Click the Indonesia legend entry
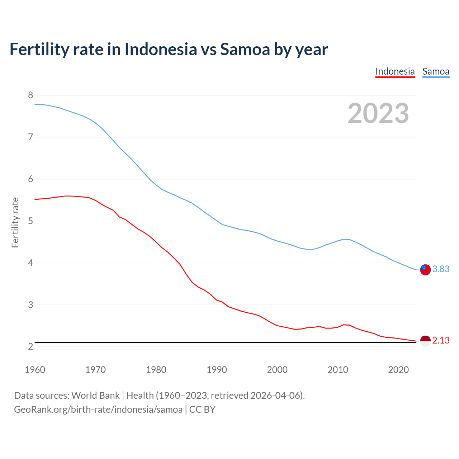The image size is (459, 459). (x=395, y=71)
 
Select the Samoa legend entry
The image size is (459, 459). (x=436, y=71)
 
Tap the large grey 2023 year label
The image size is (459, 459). (x=378, y=113)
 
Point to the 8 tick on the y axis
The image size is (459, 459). (x=30, y=95)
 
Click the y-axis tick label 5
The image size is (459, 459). (x=30, y=221)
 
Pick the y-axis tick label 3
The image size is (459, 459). (x=30, y=305)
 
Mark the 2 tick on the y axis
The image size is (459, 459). (x=30, y=347)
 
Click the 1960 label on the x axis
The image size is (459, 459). (x=35, y=370)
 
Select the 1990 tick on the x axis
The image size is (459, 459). (x=217, y=370)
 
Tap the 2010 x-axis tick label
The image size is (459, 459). (x=338, y=370)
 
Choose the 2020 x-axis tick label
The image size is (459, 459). (x=398, y=370)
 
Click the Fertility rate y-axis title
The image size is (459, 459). (x=15, y=222)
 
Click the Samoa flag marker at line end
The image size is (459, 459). (x=425, y=270)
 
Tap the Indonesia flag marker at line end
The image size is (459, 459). (x=425, y=341)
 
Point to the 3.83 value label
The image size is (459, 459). (x=441, y=269)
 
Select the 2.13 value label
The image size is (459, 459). (x=441, y=341)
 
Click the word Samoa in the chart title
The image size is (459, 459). (x=245, y=49)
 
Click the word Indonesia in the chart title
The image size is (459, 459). (x=161, y=49)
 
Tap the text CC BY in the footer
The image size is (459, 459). (x=202, y=410)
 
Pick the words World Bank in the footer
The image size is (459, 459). (x=95, y=396)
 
